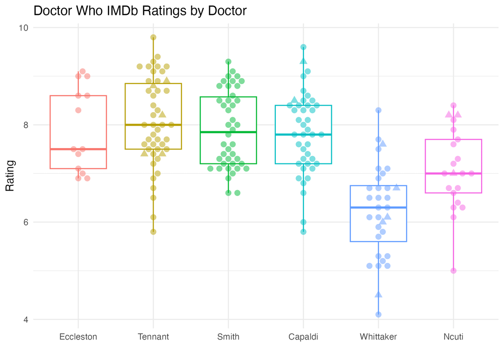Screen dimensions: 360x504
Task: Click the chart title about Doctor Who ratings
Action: [140, 11]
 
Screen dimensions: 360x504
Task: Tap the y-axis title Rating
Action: [10, 176]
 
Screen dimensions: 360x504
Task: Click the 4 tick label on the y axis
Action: [26, 319]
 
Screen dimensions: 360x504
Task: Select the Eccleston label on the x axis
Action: [78, 337]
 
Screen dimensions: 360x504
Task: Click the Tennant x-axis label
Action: [154, 337]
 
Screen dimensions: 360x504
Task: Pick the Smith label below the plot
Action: [228, 337]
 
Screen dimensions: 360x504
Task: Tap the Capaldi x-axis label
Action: [303, 337]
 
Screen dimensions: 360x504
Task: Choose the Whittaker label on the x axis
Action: [378, 337]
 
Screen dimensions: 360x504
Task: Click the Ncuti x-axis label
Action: [453, 337]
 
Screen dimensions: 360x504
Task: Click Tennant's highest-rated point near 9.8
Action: [153, 37]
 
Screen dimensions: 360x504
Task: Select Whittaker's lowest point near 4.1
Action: [378, 314]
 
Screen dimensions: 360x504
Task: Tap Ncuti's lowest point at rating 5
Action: [453, 271]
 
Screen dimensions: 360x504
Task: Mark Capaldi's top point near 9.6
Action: [303, 47]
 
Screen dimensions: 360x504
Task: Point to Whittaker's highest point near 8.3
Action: [378, 110]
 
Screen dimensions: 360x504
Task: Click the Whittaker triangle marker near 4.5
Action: [378, 295]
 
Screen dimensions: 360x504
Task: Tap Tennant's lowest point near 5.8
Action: [153, 232]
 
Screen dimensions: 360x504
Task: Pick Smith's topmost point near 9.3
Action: [228, 62]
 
